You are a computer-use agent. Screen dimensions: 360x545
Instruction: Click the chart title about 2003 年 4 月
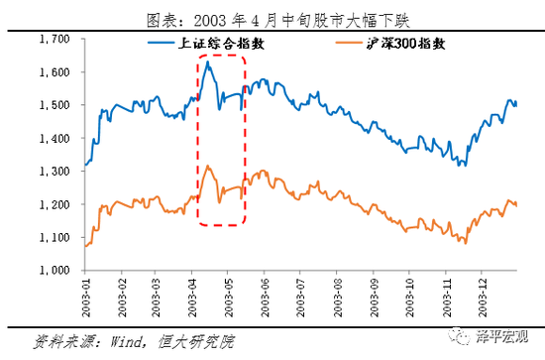click(x=272, y=17)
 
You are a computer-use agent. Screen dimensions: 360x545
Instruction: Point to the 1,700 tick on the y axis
click(x=54, y=39)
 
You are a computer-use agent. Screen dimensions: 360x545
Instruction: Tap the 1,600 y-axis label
click(x=54, y=72)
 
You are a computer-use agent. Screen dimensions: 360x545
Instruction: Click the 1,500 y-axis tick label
click(x=54, y=105)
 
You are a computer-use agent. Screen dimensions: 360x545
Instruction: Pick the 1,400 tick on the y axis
click(x=54, y=138)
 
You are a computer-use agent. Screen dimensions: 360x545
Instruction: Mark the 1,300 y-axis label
click(x=54, y=172)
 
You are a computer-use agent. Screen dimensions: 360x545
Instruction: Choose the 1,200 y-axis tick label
click(x=54, y=204)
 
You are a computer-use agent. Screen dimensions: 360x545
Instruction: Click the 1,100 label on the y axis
click(x=54, y=237)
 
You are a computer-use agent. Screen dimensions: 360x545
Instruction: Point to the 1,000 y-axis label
click(x=54, y=270)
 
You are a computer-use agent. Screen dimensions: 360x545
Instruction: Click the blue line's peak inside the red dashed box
click(x=207, y=62)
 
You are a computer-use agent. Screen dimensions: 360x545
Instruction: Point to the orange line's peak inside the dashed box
click(x=207, y=167)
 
